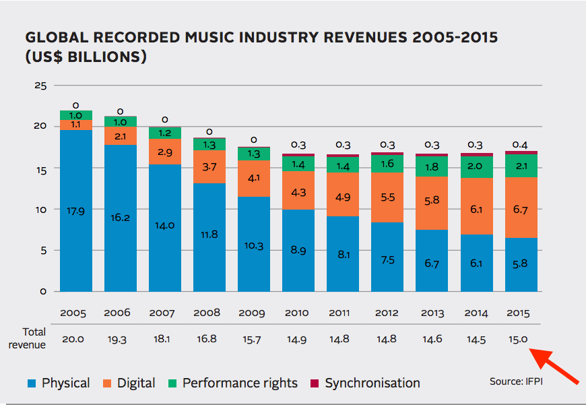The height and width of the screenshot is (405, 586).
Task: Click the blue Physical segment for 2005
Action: point(75,210)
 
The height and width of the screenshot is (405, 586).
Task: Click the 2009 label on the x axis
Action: point(253,313)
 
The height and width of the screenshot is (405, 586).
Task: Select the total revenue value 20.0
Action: point(73,340)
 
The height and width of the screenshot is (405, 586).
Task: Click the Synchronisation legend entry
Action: point(372,383)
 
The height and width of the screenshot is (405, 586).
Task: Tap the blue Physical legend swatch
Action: point(32,383)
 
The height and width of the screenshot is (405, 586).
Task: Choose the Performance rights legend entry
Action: point(239,383)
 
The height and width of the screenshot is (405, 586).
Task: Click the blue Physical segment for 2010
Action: point(298,250)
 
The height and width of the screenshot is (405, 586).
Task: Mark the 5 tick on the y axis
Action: point(42,250)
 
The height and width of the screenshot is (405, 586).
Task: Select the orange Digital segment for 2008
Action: point(209,166)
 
